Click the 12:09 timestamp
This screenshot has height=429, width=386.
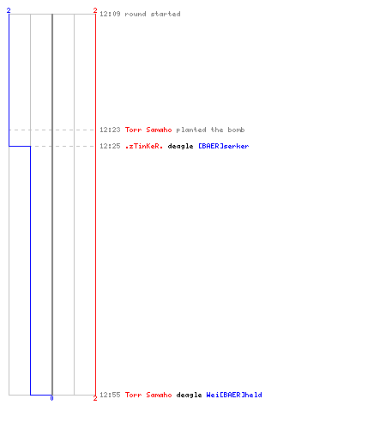tap(110, 14)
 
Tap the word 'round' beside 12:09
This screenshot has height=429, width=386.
tap(136, 14)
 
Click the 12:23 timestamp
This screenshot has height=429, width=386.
tap(110, 130)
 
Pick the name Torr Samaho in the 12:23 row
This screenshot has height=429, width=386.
tap(148, 130)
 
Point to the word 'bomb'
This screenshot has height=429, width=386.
tap(236, 130)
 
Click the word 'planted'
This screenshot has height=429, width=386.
tap(191, 130)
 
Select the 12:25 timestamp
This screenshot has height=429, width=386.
tap(110, 146)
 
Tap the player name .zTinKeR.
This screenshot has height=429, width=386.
tap(144, 146)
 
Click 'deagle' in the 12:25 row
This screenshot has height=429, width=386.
tap(180, 147)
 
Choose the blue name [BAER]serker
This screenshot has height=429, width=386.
tap(224, 146)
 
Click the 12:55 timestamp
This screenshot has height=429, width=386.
tap(110, 395)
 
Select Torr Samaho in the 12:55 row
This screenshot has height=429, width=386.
tap(148, 395)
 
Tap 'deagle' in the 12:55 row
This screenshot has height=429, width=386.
tap(189, 396)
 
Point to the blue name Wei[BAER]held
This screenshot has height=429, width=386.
tap(234, 395)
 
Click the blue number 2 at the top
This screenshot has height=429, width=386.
tap(9, 10)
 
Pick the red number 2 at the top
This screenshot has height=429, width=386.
tap(95, 10)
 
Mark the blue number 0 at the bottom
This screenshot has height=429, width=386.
tap(51, 398)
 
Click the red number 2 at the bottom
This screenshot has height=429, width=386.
tap(95, 398)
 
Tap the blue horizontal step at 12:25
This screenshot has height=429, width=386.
tap(20, 146)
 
